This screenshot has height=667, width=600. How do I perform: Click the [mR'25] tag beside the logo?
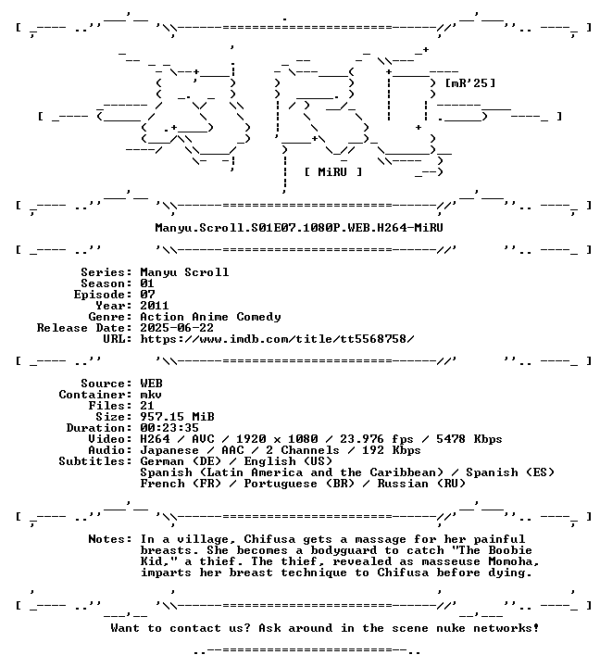469,83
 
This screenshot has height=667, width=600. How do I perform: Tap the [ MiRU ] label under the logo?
333,172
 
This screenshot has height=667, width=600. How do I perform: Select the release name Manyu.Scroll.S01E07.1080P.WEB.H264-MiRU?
299,228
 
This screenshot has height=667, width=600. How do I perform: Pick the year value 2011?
155,306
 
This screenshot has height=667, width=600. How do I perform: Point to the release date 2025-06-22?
177,328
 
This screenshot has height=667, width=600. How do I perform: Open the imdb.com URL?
277,339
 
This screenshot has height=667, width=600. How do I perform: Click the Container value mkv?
151,395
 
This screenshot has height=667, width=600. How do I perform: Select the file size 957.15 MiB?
177,417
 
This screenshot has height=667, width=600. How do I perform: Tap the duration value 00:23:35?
169,427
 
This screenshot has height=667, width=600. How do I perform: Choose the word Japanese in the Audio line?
169,450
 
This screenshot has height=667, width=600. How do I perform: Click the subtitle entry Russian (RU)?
421,484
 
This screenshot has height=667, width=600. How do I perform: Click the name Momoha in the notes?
514,561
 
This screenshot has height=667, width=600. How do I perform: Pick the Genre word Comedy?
258,317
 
